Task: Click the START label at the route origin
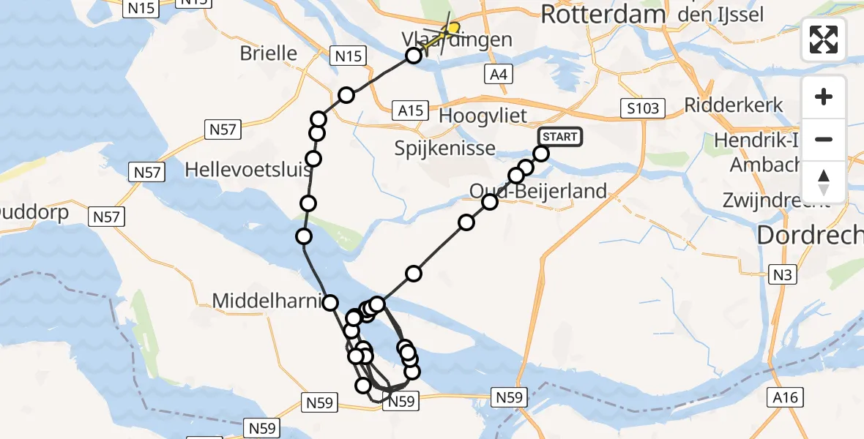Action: (560, 137)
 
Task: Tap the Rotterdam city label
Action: (603, 14)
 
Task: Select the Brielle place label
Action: (269, 53)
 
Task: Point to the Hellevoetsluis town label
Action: (248, 170)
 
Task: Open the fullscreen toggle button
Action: (824, 40)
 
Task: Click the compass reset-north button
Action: (824, 182)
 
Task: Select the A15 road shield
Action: (410, 110)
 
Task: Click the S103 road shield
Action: (642, 109)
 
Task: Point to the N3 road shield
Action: (781, 274)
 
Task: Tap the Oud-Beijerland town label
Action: (538, 192)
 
